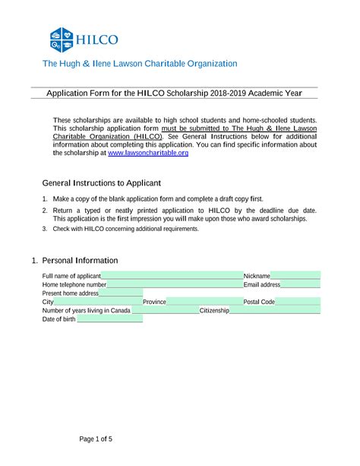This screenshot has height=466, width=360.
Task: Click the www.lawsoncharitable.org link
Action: pos(148,153)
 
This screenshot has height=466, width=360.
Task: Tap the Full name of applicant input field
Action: pos(171,275)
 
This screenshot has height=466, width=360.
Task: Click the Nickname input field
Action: pos(295,275)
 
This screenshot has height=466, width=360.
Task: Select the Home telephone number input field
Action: pos(174,284)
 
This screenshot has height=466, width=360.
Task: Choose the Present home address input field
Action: pos(121,293)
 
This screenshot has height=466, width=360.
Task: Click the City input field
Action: pos(98,302)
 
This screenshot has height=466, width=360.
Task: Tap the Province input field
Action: pos(204,302)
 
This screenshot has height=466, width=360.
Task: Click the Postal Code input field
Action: pos(298,302)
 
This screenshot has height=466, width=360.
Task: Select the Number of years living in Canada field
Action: pos(164,310)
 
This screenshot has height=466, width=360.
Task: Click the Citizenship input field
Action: pos(274,310)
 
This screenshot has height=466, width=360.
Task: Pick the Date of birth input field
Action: pos(108,319)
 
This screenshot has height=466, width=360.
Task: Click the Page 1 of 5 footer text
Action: pos(96,439)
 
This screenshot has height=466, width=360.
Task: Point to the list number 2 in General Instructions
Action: pos(45,210)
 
